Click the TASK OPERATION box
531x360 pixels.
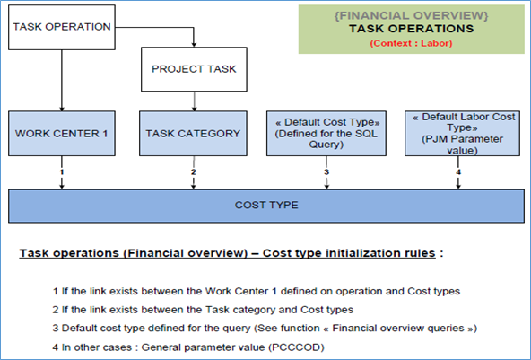62,28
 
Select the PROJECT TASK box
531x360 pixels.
194,69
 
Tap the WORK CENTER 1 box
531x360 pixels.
62,134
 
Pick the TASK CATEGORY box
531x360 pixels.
193,134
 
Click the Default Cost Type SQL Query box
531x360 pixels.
326,134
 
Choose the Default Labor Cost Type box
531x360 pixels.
462,134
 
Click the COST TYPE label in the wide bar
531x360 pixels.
266,205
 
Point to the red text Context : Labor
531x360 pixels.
411,43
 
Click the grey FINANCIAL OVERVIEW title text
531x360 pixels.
411,15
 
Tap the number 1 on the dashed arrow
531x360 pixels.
62,172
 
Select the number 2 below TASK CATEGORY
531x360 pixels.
194,172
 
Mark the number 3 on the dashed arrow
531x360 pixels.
326,172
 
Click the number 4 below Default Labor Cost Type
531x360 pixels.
458,172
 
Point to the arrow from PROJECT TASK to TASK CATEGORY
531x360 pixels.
194,101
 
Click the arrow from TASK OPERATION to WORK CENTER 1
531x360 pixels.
62,80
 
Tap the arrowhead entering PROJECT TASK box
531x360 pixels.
194,44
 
